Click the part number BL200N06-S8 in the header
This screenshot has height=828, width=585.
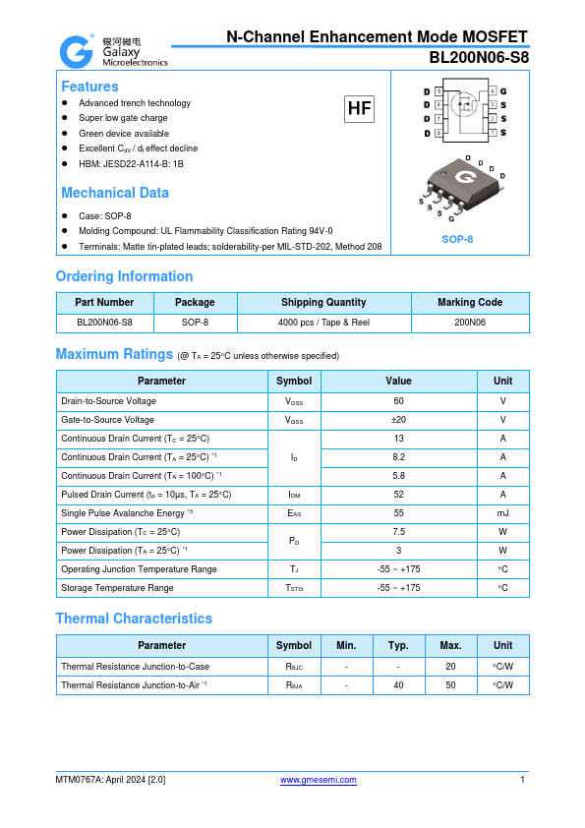pos(479,57)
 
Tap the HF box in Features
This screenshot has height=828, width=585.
pos(359,108)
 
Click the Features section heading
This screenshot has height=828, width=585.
pos(89,87)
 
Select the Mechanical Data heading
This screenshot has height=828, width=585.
pos(115,193)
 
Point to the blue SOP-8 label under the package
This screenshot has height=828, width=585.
pos(457,239)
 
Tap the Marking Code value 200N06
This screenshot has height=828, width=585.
pos(470,322)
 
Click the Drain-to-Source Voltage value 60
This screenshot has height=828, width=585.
pos(398,401)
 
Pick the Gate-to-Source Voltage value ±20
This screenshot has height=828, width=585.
pos(398,420)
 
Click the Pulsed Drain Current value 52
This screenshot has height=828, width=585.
pos(398,495)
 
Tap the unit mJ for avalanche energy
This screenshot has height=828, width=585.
pos(502,513)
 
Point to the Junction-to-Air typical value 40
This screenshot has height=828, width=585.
pos(398,684)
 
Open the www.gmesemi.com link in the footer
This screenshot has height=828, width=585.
pos(319,780)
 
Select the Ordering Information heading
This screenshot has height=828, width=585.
pos(124,276)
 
